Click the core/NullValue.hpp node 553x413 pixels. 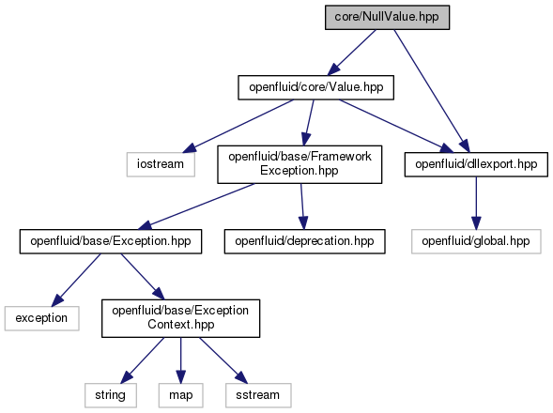click(x=387, y=17)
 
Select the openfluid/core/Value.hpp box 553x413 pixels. click(x=316, y=87)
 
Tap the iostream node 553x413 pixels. click(x=161, y=164)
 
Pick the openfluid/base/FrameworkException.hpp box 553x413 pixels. click(x=300, y=164)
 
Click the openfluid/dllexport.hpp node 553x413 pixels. click(x=476, y=164)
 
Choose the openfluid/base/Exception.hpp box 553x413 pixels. click(x=111, y=241)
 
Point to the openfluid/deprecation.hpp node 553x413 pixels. click(x=305, y=241)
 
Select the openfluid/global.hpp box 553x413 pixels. click(x=476, y=241)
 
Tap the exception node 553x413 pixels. click(x=41, y=318)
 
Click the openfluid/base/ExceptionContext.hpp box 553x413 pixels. click(x=181, y=318)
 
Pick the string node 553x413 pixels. click(x=111, y=395)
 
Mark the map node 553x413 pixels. click(x=181, y=395)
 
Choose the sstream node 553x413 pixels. click(x=258, y=395)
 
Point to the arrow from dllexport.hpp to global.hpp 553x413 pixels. click(x=476, y=203)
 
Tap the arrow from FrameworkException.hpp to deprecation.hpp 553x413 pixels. click(x=302, y=206)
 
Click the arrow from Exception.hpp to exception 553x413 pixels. click(x=76, y=280)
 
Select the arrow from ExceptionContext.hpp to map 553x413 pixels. click(x=181, y=360)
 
